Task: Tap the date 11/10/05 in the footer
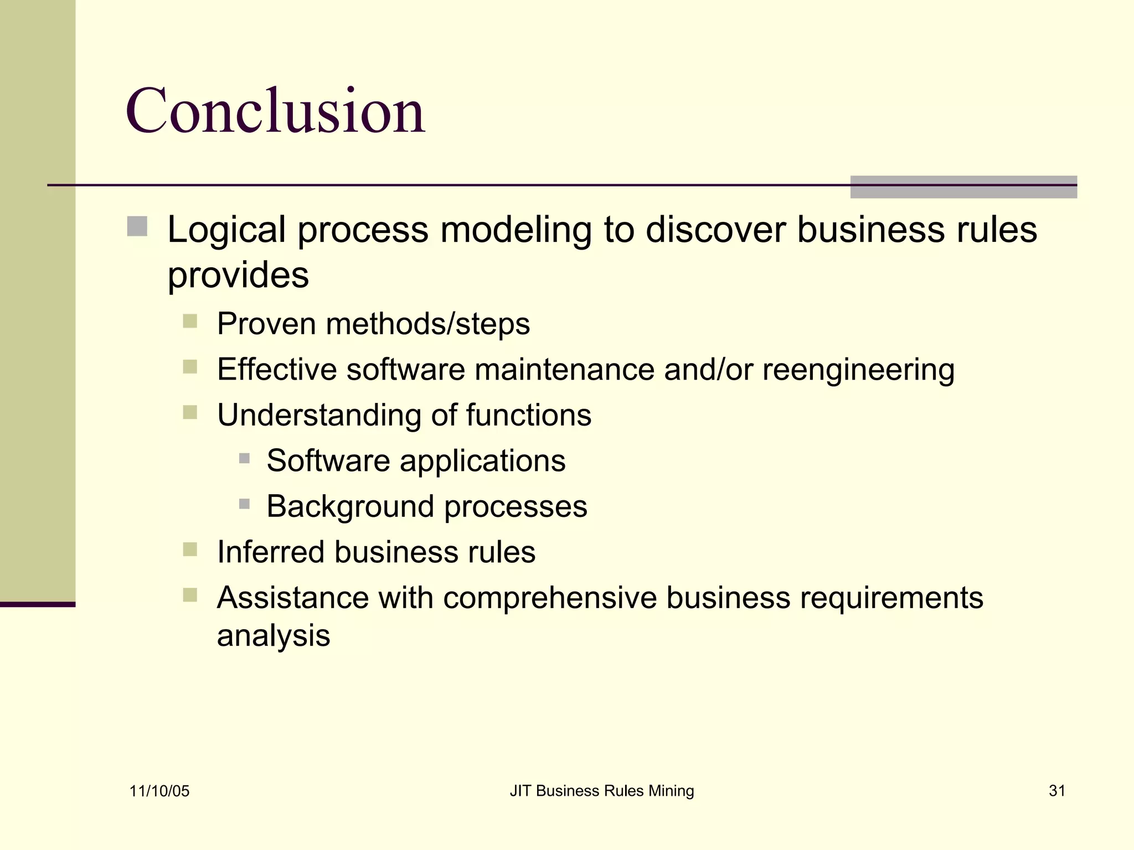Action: (159, 791)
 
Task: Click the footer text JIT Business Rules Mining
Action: (601, 791)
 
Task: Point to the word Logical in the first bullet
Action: (226, 230)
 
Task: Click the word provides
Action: (238, 275)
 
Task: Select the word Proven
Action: (266, 324)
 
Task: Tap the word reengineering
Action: (858, 370)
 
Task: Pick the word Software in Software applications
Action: (328, 460)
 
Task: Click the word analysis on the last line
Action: (274, 636)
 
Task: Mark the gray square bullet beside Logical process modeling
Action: (137, 226)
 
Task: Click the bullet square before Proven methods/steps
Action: (190, 321)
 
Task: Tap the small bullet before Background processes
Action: (244, 504)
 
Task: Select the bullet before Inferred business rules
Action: (190, 550)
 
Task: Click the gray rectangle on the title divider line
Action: (963, 187)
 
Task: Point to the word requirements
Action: (891, 598)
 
